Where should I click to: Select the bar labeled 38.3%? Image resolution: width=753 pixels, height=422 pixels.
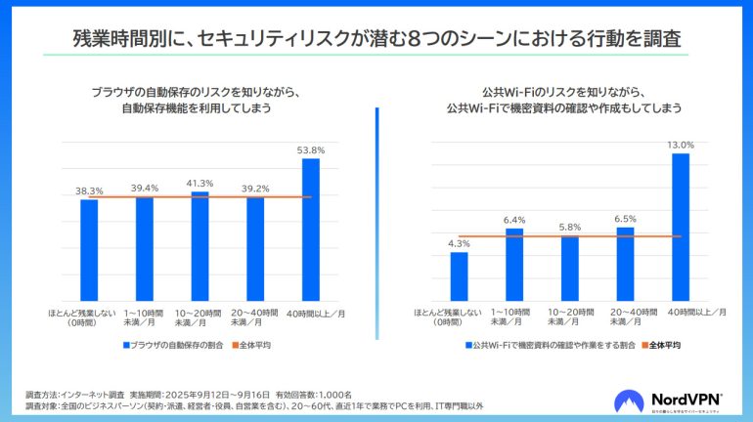pos(89,250)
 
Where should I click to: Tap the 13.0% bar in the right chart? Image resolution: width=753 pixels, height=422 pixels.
pos(681,227)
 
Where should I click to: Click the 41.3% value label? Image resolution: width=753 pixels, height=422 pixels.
pos(199,184)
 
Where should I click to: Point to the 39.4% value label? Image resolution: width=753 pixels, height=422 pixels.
pos(144,189)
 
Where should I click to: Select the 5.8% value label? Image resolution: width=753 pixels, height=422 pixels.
pos(569,228)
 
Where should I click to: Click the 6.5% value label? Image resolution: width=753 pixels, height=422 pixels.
pos(625,220)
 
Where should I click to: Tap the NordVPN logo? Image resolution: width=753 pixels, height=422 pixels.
pos(668,401)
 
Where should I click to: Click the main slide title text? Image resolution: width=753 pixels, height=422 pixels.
pos(376,38)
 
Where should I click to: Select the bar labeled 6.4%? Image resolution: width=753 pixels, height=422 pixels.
pos(514,265)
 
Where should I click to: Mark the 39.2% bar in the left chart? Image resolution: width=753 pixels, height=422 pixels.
pos(255,249)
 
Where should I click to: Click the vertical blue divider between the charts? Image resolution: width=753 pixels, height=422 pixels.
pos(376,205)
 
